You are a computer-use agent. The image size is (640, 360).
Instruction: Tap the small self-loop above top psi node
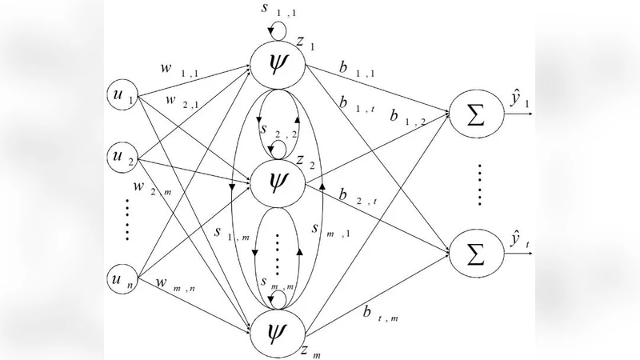277,30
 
